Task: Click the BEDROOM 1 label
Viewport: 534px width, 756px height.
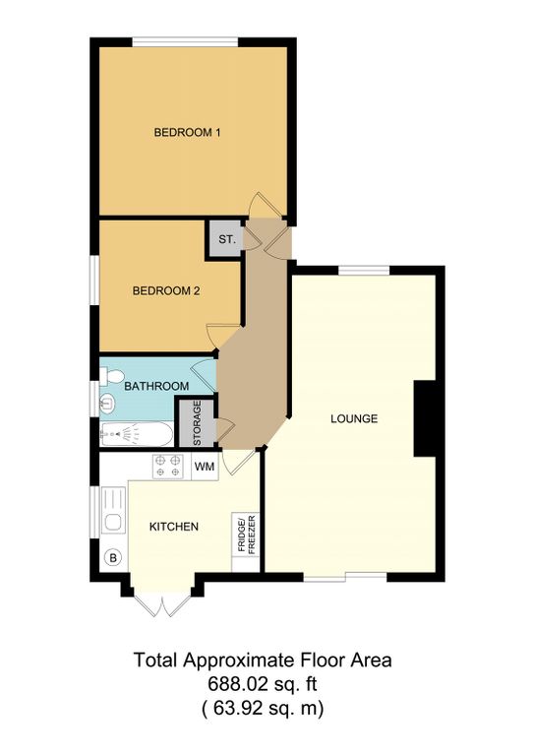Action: [187, 132]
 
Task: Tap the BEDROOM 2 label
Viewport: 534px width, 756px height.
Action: [166, 290]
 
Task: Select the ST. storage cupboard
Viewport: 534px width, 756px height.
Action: [226, 239]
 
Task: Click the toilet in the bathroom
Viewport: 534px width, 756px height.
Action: [112, 376]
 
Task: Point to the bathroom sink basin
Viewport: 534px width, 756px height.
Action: [107, 402]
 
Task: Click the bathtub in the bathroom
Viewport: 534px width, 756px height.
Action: [137, 435]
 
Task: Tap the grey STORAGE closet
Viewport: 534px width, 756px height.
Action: [197, 423]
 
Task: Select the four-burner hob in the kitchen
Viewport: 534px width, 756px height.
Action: [168, 467]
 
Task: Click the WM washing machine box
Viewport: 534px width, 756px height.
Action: [205, 467]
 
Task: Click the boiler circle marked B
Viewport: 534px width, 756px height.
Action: [114, 558]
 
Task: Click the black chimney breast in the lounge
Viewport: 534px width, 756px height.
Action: [425, 418]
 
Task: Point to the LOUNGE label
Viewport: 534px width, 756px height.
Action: [354, 418]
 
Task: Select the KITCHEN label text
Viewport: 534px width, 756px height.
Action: [174, 527]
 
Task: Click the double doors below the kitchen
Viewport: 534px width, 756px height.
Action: [163, 604]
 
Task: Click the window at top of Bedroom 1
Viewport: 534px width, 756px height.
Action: [186, 42]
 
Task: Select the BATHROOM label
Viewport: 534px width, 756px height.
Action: [156, 386]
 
